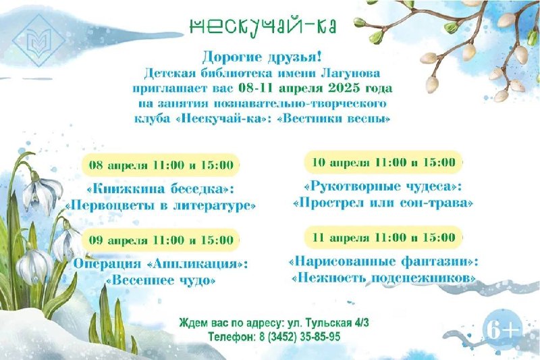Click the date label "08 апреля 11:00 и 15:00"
tap(161, 164)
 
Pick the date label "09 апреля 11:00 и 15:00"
tap(161, 240)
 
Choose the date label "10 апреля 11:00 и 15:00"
tap(383, 161)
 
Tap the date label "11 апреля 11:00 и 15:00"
tap(383, 237)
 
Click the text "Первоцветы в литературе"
tap(161, 205)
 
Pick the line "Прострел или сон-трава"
tap(383, 202)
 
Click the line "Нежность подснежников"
tap(383, 278)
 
